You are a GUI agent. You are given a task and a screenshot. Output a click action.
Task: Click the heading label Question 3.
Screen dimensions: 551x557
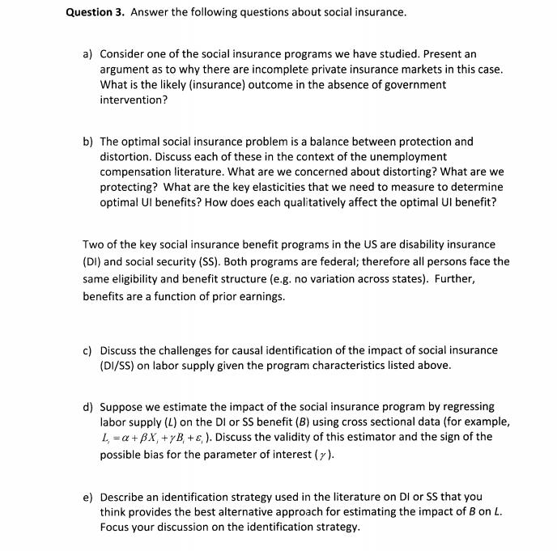click(x=96, y=13)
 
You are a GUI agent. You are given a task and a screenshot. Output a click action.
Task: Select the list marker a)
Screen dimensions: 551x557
click(x=87, y=54)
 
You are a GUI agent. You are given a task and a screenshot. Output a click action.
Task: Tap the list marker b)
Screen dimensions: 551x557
click(x=87, y=141)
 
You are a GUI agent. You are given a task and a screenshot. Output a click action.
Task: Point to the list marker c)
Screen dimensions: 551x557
click(x=87, y=350)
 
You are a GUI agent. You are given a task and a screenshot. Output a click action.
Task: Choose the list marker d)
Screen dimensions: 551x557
click(x=87, y=407)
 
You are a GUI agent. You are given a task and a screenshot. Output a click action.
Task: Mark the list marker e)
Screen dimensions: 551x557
click(x=87, y=496)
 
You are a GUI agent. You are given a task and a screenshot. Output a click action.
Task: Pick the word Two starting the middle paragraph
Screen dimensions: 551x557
click(x=93, y=244)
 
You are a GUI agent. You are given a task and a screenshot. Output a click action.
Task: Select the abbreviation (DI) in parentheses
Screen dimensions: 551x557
click(x=93, y=261)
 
